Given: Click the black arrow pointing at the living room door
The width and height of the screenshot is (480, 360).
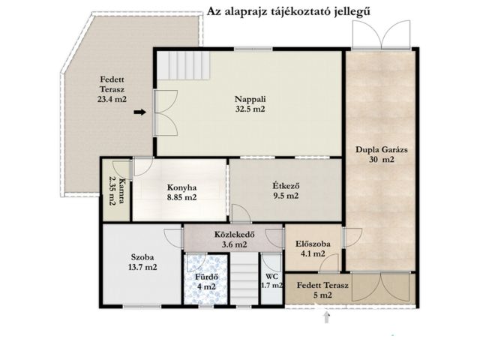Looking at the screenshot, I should click(139, 113).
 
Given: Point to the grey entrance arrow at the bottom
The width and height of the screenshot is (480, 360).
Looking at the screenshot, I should click(326, 316).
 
